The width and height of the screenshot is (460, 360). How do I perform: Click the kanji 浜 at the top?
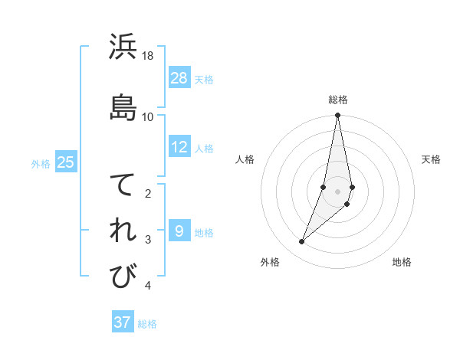(123, 48)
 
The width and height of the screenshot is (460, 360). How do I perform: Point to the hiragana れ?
(123, 231)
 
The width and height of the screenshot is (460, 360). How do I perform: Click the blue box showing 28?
(179, 78)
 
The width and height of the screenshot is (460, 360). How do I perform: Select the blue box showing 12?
(179, 147)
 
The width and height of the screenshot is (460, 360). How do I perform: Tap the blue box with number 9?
(179, 231)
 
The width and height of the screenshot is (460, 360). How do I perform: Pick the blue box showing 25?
(65, 162)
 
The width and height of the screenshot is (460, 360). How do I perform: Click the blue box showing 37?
(123, 322)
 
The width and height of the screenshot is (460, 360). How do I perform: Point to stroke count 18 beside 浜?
(148, 56)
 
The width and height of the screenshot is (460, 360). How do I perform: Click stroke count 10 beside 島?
(148, 116)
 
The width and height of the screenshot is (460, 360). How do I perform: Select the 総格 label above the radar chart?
(338, 100)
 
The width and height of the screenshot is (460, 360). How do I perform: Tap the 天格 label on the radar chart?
(432, 159)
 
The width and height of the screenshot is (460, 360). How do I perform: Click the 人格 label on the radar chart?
(245, 159)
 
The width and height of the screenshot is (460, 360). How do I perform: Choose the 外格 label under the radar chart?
(270, 262)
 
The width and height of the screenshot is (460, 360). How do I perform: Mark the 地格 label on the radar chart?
(402, 262)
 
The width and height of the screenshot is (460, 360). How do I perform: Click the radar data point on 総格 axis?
(338, 116)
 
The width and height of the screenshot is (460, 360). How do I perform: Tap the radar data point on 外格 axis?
(302, 241)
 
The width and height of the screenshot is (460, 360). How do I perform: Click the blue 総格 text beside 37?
(147, 324)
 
